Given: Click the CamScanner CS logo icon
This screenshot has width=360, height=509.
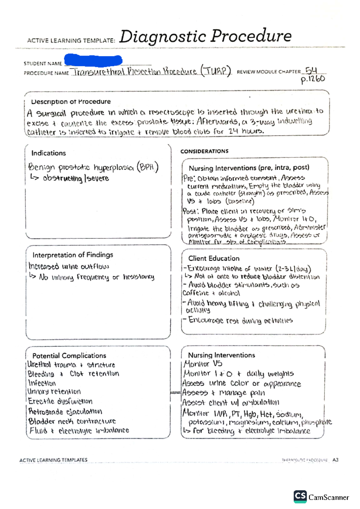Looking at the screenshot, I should tap(300, 497).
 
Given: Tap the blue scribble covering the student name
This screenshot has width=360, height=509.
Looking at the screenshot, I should tap(93, 60).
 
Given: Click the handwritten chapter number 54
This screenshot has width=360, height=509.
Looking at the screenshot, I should tap(311, 71).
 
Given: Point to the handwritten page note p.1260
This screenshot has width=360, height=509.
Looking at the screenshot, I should tap(313, 79).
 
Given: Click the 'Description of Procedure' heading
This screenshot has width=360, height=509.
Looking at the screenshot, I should tap(71, 102).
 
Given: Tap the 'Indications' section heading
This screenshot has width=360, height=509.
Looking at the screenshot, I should tap(49, 153).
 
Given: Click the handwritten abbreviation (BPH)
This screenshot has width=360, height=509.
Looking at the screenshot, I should tap(147, 167).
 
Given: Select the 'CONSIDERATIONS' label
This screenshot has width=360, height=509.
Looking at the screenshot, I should tap(204, 151).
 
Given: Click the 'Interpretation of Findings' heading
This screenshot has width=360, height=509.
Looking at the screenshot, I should tap(73, 255).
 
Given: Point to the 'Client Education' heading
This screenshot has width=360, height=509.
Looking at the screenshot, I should tap(214, 258).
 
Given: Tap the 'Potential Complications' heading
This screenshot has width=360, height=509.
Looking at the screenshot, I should tap(69, 356).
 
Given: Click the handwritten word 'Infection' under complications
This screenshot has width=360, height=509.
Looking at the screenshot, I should tap(42, 383).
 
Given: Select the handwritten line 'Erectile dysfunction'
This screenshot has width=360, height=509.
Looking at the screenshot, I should tap(60, 401).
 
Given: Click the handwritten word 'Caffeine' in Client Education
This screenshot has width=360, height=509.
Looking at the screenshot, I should tap(196, 293).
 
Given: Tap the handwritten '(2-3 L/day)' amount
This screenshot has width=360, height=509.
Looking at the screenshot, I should tap(293, 269).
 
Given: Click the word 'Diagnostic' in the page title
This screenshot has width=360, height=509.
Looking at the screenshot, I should tap(162, 37).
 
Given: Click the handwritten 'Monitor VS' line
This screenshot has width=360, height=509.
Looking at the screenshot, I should tap(203, 364).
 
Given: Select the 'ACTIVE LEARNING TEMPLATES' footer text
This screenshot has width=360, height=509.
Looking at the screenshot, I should tap(53, 460).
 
